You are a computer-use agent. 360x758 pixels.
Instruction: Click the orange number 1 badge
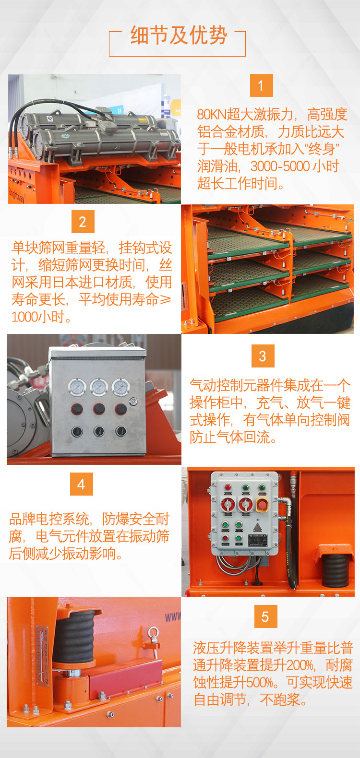coord(261,85)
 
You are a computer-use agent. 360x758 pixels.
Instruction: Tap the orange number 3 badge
coord(263,356)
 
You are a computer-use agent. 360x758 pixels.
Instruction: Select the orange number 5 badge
coord(265,616)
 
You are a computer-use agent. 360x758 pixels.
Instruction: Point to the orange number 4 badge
coord(82,484)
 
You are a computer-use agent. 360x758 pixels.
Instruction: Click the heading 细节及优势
coord(179,35)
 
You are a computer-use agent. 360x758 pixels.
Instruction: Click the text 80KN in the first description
coord(212,114)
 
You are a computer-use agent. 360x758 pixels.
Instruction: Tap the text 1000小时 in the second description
coord(38,317)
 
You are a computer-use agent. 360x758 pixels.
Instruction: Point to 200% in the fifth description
coord(300,665)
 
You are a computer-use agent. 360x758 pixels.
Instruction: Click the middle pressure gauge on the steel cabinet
coord(99,387)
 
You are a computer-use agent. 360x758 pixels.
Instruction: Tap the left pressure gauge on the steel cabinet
coord(77,387)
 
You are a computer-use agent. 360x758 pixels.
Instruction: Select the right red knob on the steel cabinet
coord(121,409)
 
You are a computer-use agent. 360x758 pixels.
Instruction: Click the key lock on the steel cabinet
coord(133,402)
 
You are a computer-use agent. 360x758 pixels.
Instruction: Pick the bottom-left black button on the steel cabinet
coord(77,431)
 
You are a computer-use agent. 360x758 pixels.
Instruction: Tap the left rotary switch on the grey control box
coord(228,505)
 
